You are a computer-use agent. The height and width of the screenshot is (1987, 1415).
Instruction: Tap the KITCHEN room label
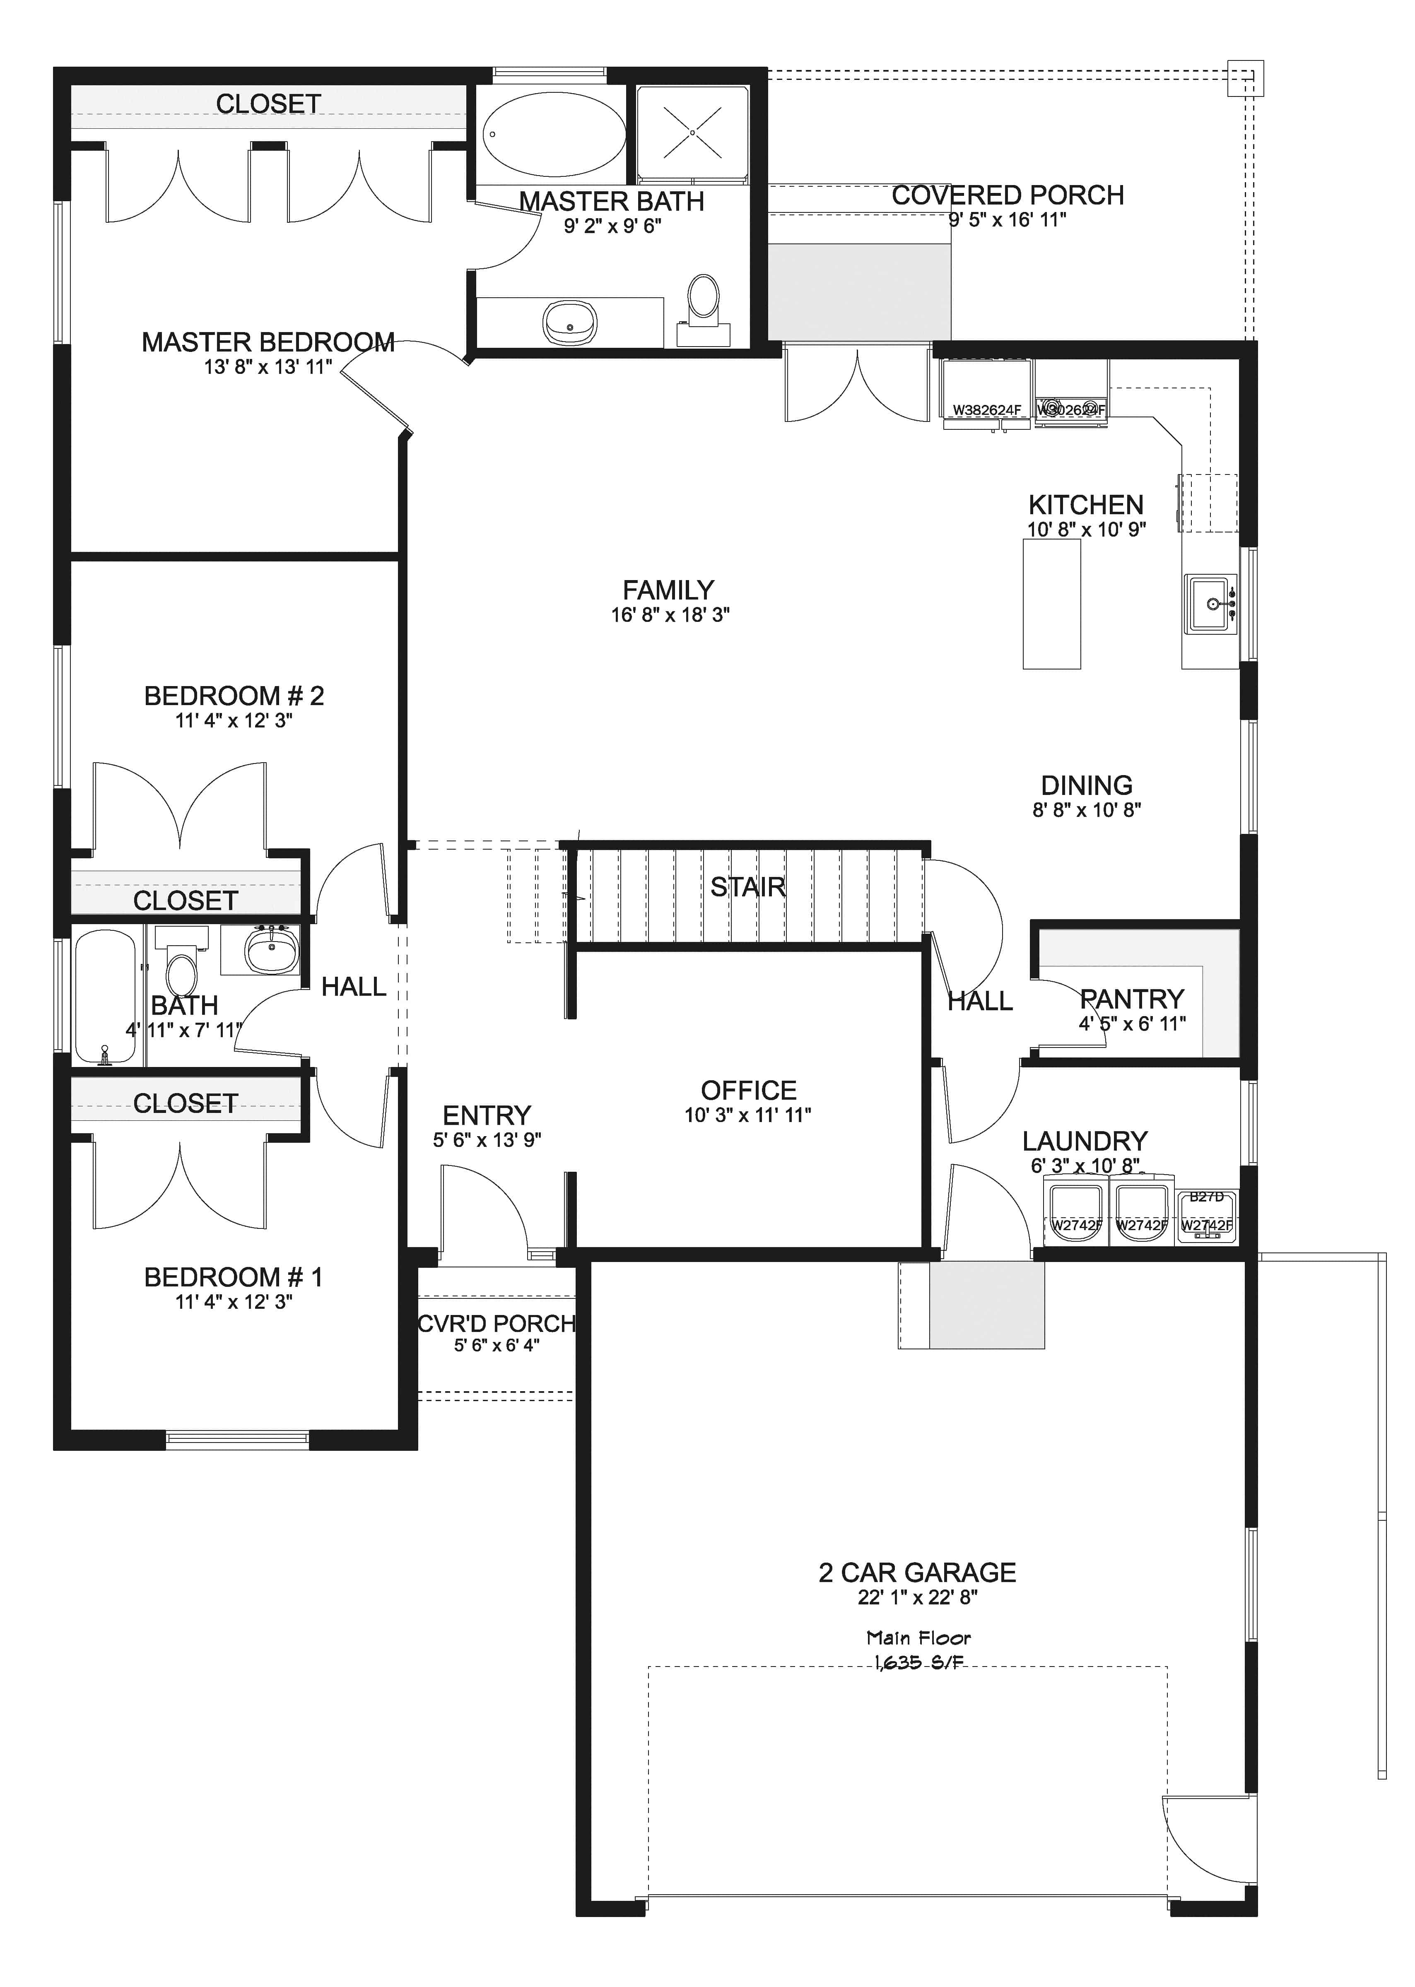[x=1086, y=505]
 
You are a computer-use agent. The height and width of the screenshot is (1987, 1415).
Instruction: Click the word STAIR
[x=747, y=888]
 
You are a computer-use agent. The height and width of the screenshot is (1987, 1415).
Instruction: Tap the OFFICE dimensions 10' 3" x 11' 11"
[x=747, y=1115]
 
